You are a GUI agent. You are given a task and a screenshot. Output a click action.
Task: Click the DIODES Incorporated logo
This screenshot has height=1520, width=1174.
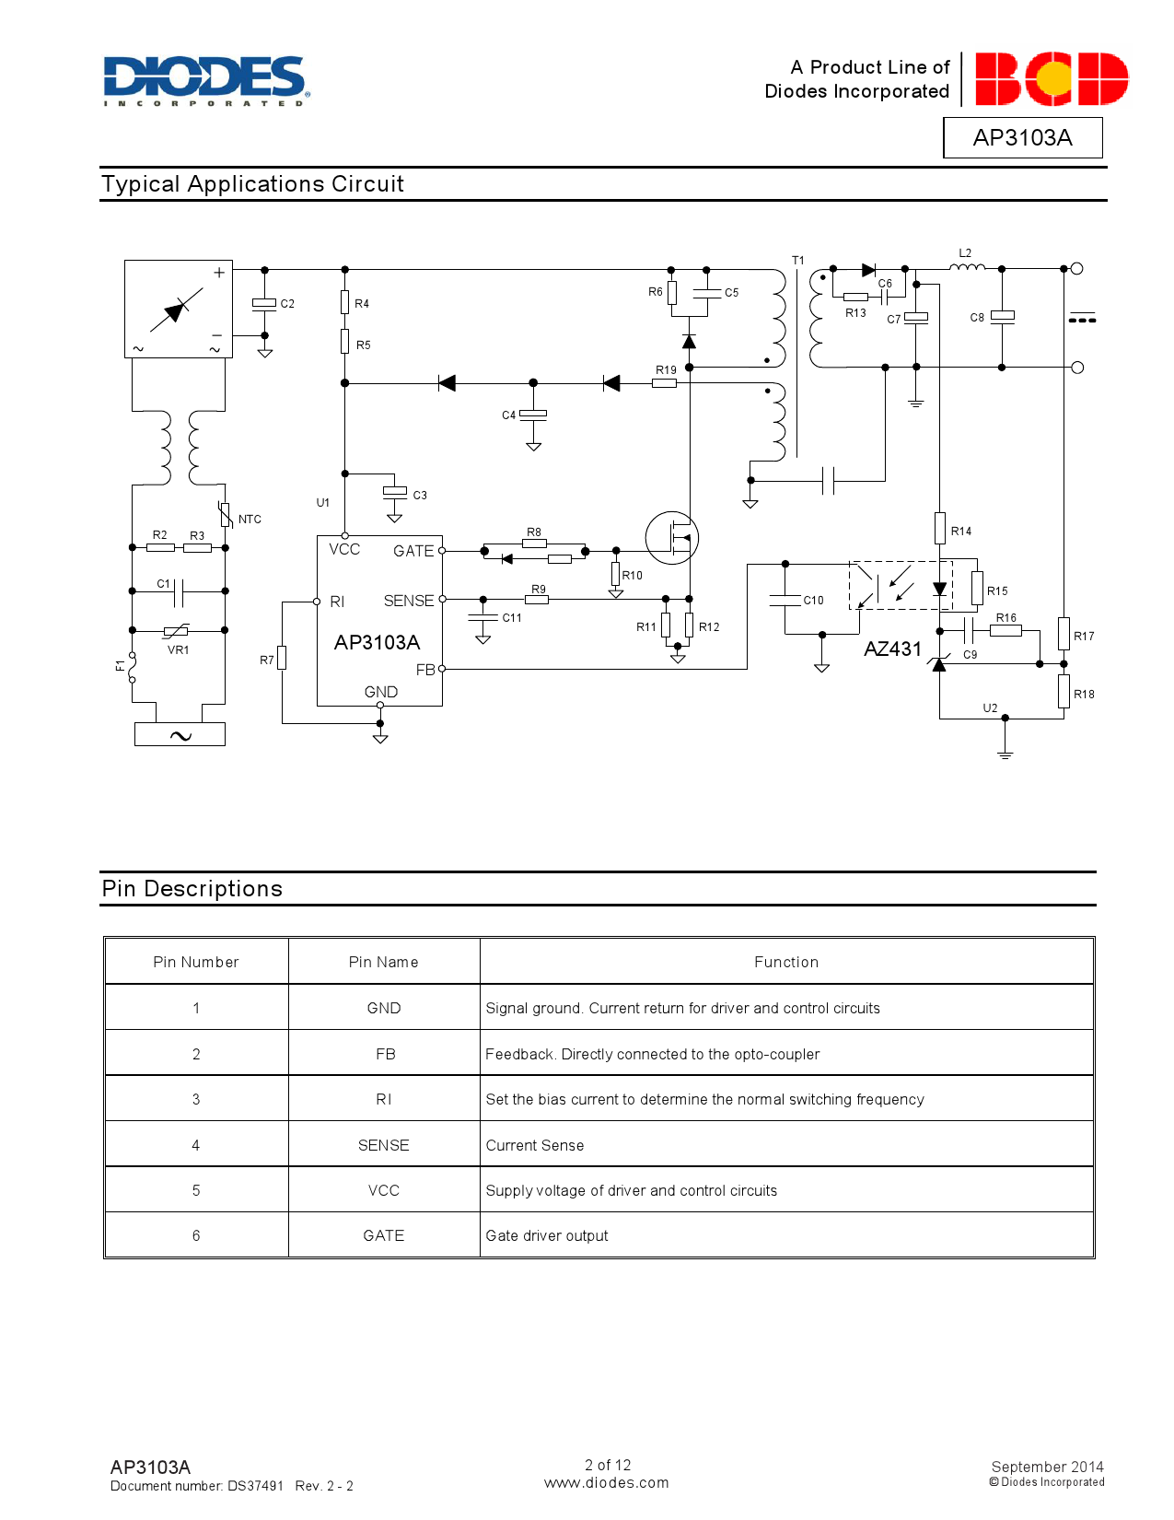pos(206,80)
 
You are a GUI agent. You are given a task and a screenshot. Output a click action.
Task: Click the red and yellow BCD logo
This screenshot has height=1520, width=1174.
pos(1051,79)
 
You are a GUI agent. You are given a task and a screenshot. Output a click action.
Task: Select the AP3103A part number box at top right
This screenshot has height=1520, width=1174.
pos(1022,138)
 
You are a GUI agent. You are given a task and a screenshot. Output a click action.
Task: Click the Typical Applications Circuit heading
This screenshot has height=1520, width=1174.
pos(252,184)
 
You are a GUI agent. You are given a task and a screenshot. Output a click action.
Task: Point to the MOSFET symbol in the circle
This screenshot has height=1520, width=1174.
pos(672,538)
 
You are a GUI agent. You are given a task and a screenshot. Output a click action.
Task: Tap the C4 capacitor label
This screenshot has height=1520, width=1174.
pos(508,415)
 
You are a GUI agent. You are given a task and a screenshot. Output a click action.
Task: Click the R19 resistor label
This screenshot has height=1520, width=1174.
pos(666,370)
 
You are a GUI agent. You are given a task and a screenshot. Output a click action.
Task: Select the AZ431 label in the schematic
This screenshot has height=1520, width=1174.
pos(892,649)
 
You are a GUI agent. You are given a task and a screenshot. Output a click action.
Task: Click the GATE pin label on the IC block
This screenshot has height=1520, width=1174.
pos(413,551)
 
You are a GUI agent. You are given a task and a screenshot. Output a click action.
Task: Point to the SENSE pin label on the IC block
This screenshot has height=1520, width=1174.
pos(408,601)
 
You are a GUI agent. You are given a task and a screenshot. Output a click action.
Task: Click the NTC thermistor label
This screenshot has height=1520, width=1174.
pos(250,520)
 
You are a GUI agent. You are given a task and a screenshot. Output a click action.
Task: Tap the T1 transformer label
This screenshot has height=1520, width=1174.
pos(798,261)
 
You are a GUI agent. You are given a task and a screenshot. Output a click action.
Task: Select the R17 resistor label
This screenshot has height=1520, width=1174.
pos(1084,637)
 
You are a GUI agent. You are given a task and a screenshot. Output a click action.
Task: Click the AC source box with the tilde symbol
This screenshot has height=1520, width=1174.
pos(180,734)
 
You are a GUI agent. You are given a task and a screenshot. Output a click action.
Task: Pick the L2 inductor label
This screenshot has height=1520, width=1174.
pos(965,253)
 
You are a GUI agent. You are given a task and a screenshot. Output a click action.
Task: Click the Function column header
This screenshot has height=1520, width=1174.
pos(785,962)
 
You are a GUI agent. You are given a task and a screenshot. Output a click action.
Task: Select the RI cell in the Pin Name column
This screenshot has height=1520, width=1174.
pos(383,1099)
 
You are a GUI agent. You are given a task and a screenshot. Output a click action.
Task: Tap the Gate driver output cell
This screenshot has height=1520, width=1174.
pos(547,1235)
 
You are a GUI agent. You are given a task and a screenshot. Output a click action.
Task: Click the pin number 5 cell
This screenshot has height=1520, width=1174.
pos(196,1190)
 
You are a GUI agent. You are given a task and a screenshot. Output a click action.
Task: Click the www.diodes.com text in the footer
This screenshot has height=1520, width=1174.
pos(606,1483)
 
